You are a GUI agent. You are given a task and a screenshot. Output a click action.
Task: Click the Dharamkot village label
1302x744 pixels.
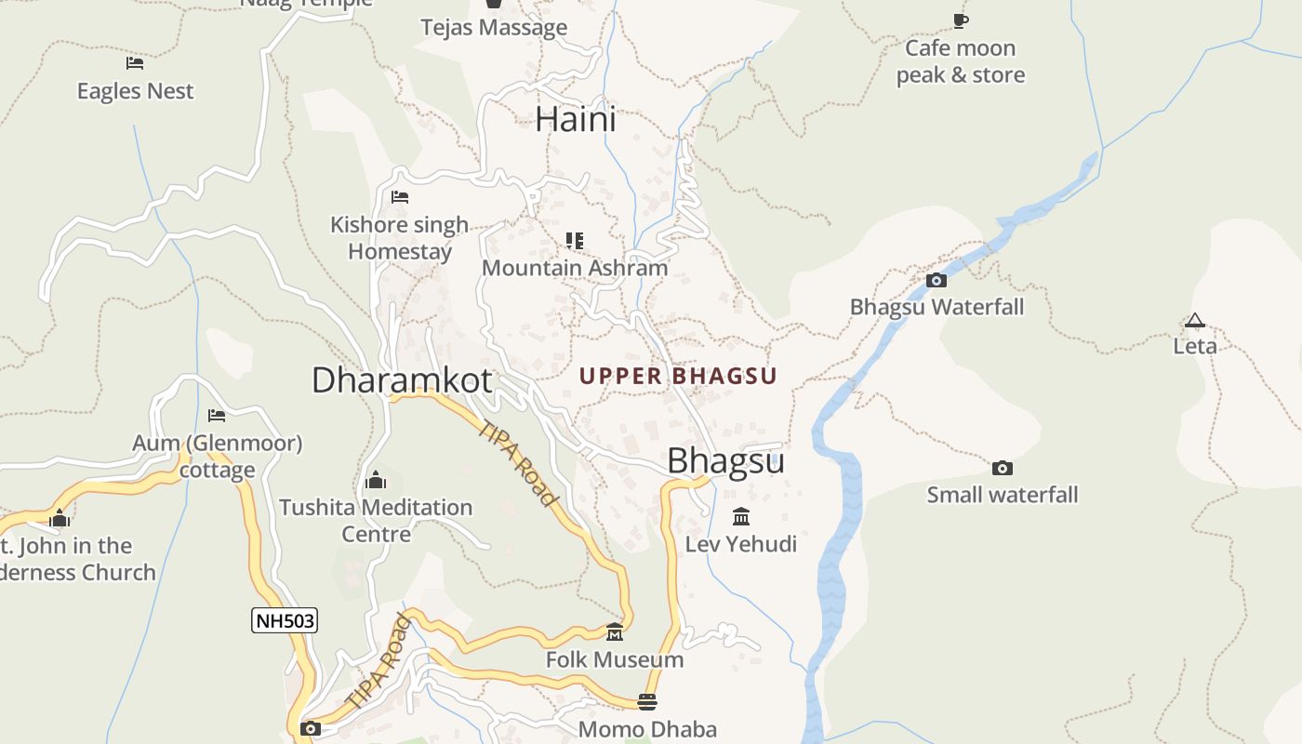[x=402, y=379]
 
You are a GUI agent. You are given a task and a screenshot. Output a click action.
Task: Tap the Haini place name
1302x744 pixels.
[x=576, y=120]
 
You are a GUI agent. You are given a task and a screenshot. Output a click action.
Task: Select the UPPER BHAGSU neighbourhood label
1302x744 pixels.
[x=678, y=376]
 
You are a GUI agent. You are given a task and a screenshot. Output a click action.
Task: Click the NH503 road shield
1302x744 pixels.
[x=285, y=620]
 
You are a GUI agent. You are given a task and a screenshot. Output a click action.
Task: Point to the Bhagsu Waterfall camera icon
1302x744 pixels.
[x=937, y=280]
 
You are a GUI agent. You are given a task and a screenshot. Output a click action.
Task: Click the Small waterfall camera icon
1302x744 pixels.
[x=1002, y=468]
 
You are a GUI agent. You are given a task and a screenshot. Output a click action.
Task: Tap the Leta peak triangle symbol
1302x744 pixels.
[x=1194, y=321]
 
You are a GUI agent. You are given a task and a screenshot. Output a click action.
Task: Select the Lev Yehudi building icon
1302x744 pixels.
[x=741, y=516]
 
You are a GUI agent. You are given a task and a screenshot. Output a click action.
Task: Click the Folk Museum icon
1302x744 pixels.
[x=615, y=632]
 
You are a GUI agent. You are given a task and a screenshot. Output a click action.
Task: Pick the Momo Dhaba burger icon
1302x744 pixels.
[x=647, y=701]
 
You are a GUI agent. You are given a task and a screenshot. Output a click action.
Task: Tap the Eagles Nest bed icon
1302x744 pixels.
[x=135, y=63]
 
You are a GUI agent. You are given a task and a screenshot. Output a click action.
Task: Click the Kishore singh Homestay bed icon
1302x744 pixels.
[x=400, y=197]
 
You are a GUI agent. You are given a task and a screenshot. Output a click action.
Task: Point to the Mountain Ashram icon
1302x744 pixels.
[x=575, y=241]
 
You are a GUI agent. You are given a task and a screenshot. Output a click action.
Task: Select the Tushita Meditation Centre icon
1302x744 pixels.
[x=376, y=480]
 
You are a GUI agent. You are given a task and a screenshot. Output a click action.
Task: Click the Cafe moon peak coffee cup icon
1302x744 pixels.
[x=961, y=20]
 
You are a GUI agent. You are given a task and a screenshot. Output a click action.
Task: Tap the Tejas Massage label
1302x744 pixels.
[x=494, y=28]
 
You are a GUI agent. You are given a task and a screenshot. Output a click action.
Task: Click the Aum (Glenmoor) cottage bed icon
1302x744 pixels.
[x=217, y=415]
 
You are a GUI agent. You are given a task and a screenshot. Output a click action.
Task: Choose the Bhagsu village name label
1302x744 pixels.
[x=726, y=460]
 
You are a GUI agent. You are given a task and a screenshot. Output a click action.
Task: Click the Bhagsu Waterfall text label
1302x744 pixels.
[x=937, y=307]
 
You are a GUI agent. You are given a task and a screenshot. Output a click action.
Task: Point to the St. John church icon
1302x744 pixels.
[x=60, y=518]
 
